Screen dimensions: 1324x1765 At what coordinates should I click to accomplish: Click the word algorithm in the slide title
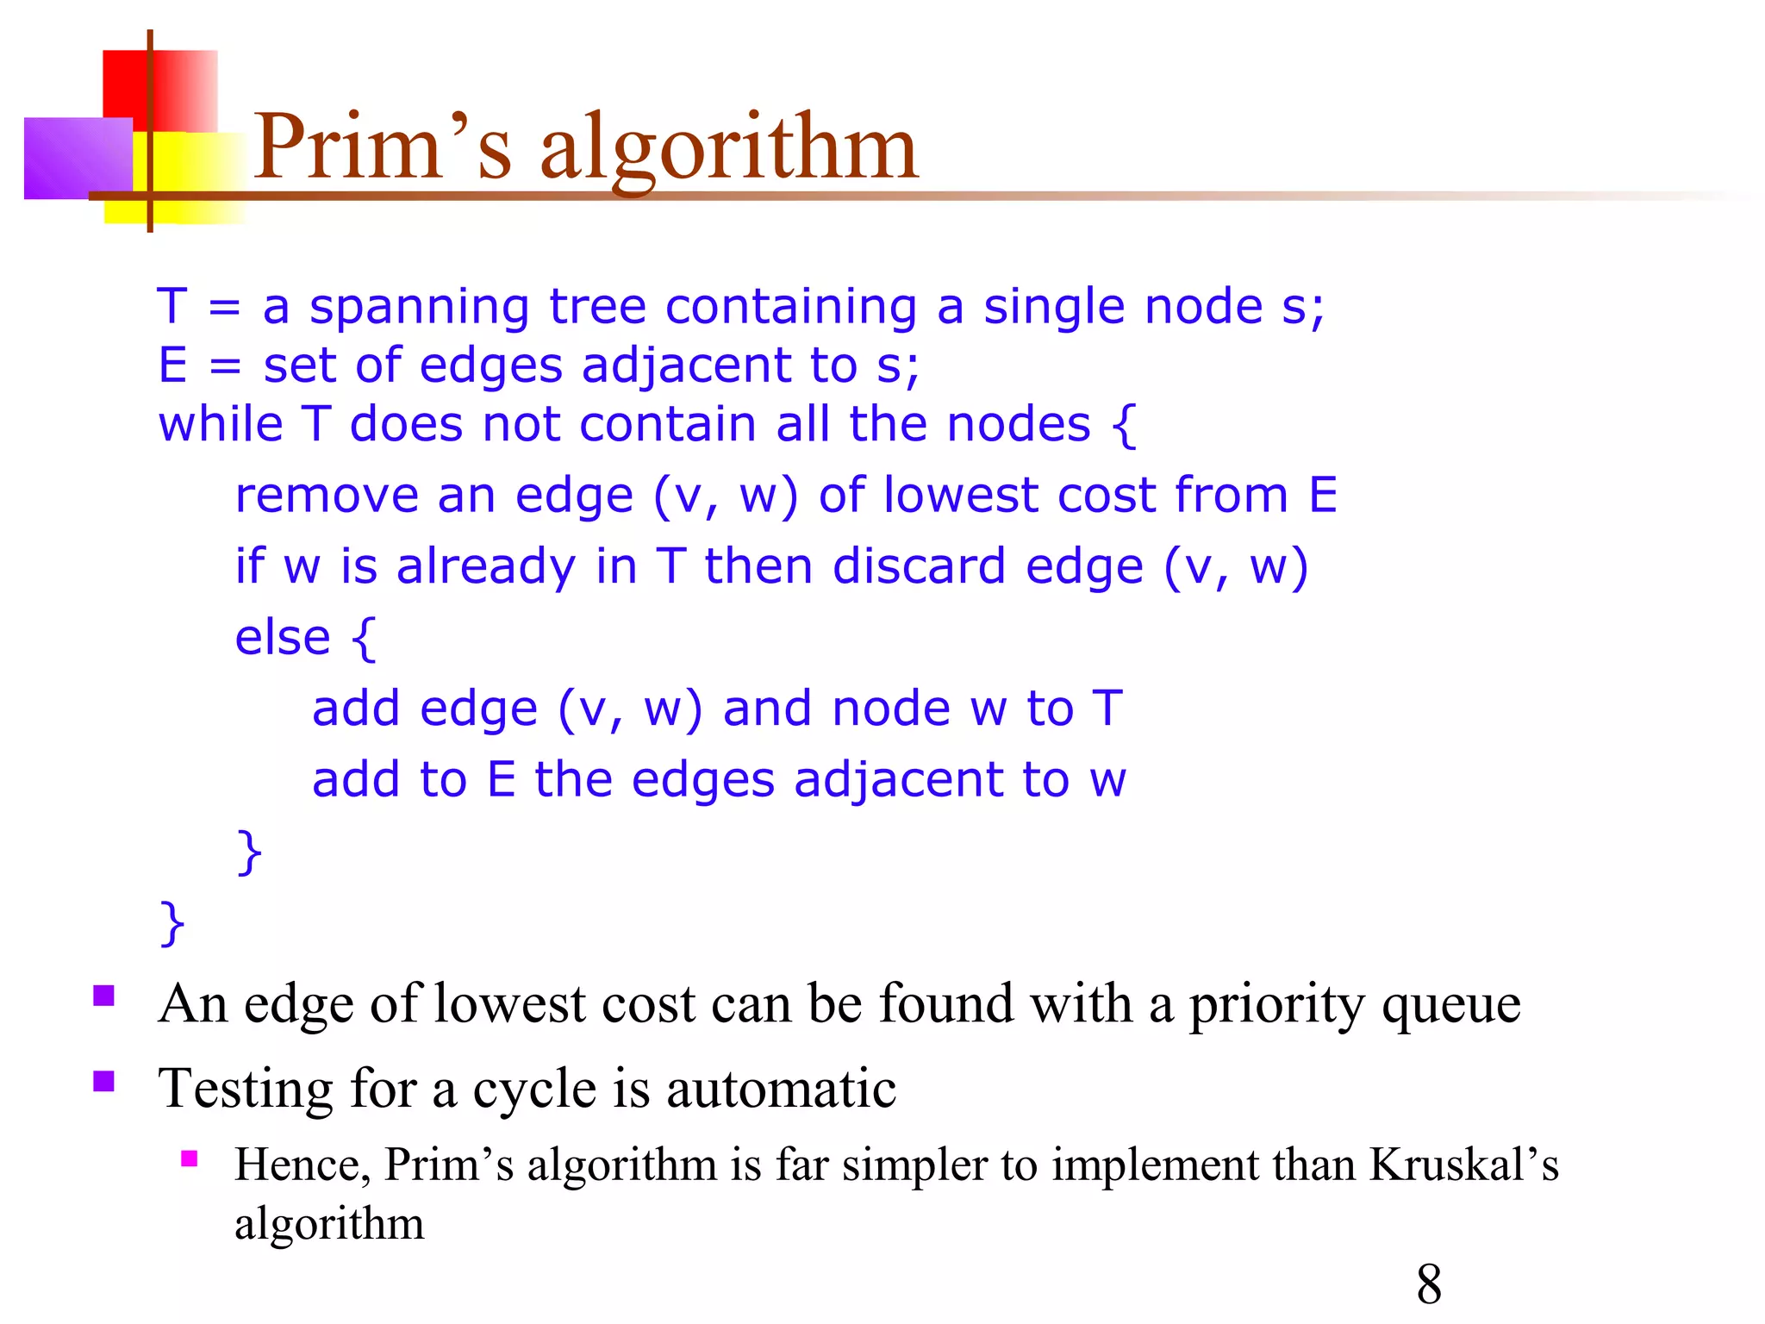coord(729,148)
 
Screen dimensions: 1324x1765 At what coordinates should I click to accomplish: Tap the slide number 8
coord(1428,1283)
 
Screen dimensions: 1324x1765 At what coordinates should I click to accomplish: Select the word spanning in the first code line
coord(419,308)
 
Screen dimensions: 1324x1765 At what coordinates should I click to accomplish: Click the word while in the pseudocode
coord(221,424)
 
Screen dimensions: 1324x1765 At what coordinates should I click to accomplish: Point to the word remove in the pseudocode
coord(325,496)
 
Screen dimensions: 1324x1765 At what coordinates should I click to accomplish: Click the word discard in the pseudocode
coord(919,567)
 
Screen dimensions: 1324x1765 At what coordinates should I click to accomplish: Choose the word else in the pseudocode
coord(283,638)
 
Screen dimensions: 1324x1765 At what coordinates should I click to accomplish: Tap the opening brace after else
coord(364,639)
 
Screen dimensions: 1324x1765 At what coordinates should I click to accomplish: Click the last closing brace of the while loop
coord(172,923)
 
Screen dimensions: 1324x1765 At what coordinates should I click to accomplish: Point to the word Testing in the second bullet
coord(246,1089)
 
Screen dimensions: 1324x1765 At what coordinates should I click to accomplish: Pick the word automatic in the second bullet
coord(781,1089)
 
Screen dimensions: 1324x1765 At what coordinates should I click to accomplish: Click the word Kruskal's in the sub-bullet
coord(1463,1165)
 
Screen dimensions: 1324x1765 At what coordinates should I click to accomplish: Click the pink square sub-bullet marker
coord(190,1158)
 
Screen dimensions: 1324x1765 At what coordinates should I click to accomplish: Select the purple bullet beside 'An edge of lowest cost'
coord(104,996)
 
